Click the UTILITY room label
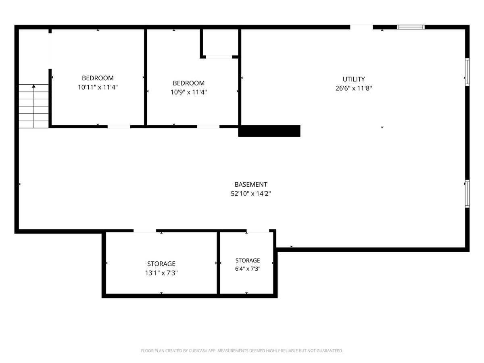coord(353,79)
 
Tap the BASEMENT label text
coord(251,184)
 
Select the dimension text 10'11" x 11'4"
coord(98,87)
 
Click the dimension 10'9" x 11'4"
coord(188,92)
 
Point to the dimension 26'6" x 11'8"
coord(353,88)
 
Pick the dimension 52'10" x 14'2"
coord(251,194)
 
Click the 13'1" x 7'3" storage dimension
coord(161,273)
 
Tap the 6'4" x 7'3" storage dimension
coord(248,269)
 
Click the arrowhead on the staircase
coord(33,86)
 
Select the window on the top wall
coord(411,27)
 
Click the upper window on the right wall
coord(467,72)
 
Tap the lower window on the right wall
coord(467,194)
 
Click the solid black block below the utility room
coord(269,131)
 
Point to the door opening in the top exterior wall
coord(361,27)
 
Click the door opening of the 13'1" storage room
coord(145,231)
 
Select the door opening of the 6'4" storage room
coord(258,231)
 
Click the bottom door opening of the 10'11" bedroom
coord(119,127)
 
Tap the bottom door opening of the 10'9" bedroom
coord(208,127)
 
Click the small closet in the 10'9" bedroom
coord(220,42)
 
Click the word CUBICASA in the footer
coord(197,350)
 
